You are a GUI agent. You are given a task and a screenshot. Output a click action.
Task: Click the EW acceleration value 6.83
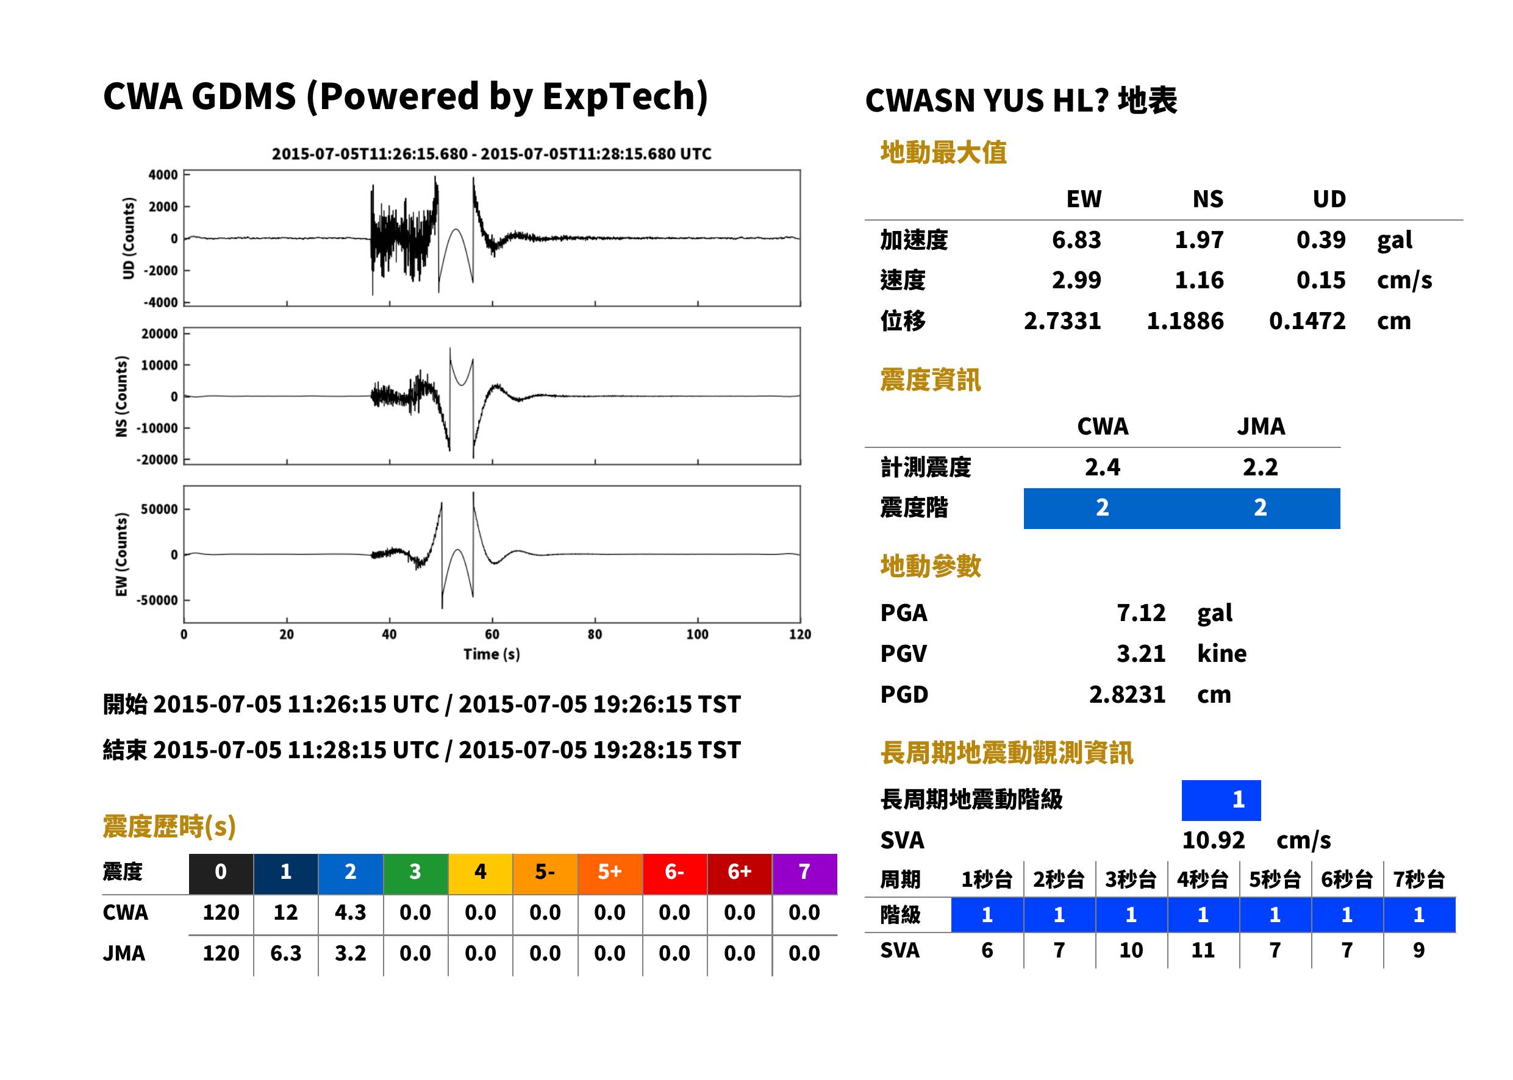1076,240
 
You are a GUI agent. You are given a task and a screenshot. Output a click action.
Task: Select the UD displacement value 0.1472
1307,321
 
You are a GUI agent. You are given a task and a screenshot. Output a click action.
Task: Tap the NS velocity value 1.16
1198,280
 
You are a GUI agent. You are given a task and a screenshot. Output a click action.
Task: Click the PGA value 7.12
1141,613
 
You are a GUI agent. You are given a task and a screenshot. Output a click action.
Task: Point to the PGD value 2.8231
1127,695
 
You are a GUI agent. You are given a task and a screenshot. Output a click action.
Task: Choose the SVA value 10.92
1213,840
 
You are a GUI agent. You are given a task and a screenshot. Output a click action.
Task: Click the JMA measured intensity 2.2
1260,467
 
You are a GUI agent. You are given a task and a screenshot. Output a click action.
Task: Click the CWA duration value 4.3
351,913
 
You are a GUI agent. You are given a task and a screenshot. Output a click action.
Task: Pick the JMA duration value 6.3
285,954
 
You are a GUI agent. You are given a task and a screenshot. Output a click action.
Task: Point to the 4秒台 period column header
1202,880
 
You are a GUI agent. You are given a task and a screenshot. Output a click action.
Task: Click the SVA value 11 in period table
1202,951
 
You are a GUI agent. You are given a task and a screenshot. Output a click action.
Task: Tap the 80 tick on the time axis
595,634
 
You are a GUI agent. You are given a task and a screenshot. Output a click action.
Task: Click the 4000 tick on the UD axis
163,175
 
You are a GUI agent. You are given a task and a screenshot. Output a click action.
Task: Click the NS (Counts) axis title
121,396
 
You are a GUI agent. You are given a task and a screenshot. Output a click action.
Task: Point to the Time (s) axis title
492,655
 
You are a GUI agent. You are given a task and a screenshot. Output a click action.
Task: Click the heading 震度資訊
930,380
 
